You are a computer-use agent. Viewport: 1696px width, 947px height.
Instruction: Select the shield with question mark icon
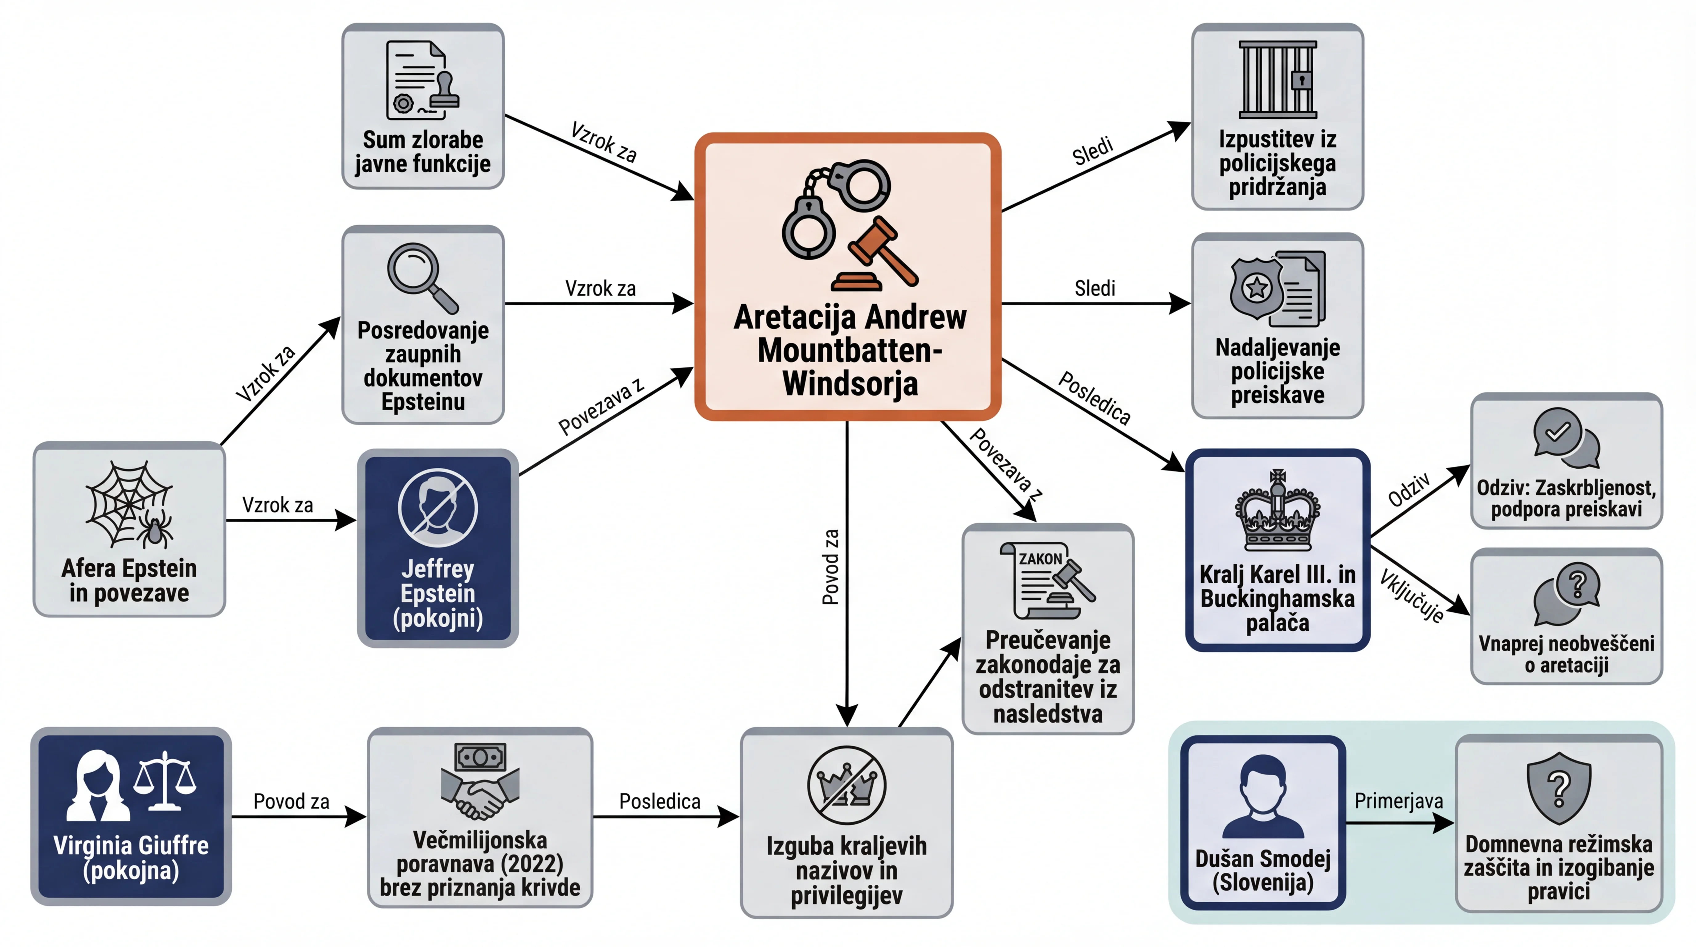pyautogui.click(x=1558, y=788)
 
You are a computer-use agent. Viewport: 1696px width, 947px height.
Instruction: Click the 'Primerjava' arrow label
pyautogui.click(x=1398, y=801)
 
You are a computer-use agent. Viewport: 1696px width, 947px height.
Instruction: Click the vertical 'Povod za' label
pyautogui.click(x=831, y=566)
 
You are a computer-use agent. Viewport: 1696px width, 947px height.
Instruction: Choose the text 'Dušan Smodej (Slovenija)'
pyautogui.click(x=1263, y=870)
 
